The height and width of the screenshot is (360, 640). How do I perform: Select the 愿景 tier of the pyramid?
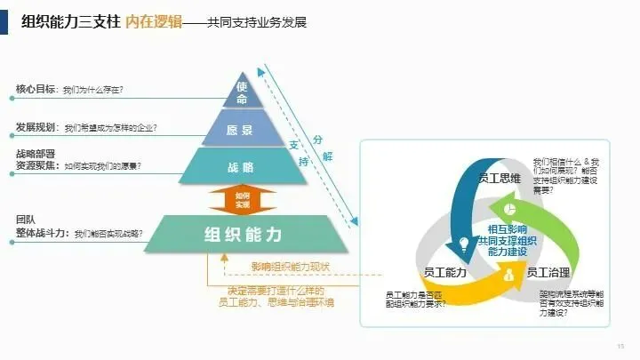pos(240,130)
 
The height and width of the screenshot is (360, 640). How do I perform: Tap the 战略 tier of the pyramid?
pos(241,166)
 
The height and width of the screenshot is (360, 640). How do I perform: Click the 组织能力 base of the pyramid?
pos(241,234)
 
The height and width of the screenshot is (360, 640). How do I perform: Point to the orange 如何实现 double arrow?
pos(243,199)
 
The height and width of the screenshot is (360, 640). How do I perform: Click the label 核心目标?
pos(36,89)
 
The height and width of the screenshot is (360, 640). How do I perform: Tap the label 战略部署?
pos(36,154)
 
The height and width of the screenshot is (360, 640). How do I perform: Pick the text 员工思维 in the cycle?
pos(500,179)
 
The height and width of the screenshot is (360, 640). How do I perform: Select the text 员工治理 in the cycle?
pos(548,272)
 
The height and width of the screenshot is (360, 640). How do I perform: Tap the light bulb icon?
pos(464,243)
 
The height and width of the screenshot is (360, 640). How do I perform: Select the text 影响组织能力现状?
pos(290,267)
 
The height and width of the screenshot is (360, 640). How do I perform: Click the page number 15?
pos(620,345)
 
